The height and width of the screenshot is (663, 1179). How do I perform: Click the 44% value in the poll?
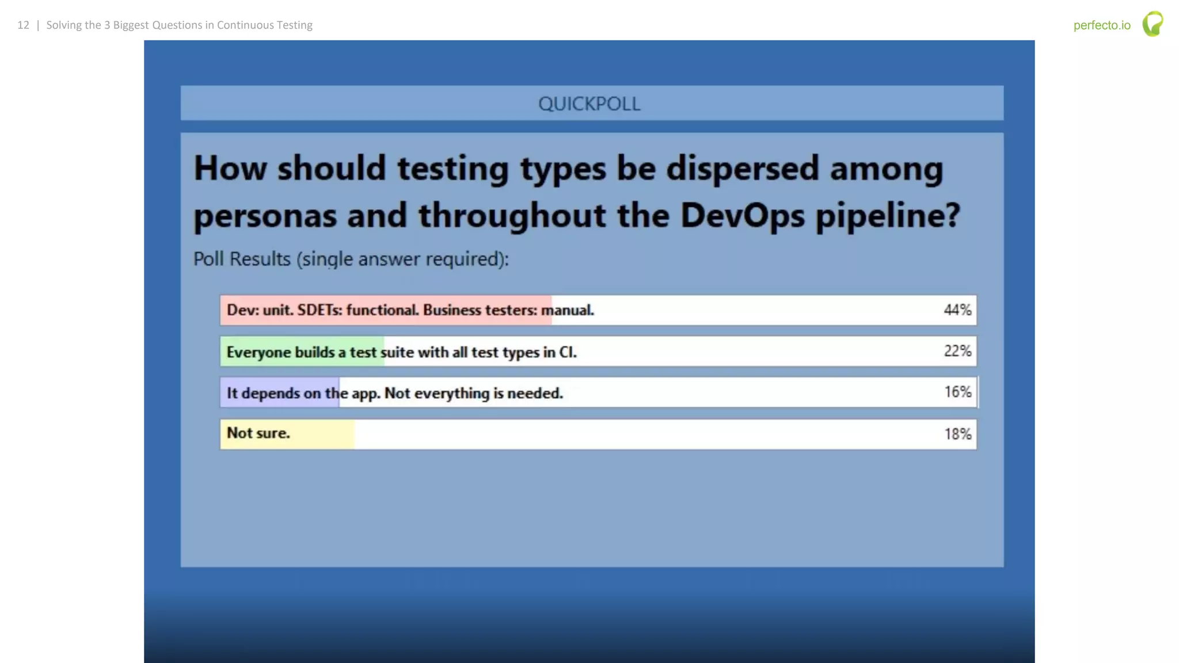click(x=957, y=310)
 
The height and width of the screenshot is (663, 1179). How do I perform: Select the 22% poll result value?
click(x=957, y=351)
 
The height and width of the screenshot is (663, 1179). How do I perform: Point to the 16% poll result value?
click(x=957, y=393)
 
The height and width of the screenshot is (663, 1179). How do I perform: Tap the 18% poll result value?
click(x=957, y=434)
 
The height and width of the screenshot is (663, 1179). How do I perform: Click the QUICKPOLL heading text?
click(x=589, y=104)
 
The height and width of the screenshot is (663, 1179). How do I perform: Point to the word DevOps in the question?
click(x=742, y=216)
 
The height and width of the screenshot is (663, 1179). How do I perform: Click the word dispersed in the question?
click(x=743, y=169)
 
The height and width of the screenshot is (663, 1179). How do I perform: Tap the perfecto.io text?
click(x=1102, y=25)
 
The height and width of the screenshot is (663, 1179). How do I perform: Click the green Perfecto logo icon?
click(x=1153, y=24)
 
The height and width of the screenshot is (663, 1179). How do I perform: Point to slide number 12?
click(x=23, y=25)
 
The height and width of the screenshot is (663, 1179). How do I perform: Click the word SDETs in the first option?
click(x=320, y=310)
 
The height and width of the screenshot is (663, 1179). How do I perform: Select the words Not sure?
click(x=258, y=433)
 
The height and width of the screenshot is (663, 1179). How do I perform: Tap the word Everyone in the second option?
click(x=258, y=352)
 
